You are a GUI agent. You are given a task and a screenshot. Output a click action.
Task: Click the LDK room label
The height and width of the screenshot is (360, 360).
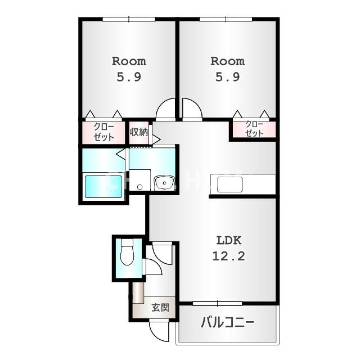pyautogui.click(x=229, y=240)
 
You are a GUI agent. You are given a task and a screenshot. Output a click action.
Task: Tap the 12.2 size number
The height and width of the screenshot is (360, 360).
pyautogui.click(x=229, y=256)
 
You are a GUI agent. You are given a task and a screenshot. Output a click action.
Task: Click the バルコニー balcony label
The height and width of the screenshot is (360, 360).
pyautogui.click(x=227, y=322)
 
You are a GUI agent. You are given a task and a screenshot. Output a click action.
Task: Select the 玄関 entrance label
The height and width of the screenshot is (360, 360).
pyautogui.click(x=161, y=308)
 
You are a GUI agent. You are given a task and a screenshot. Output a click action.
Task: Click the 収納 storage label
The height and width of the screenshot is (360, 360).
pyautogui.click(x=139, y=132)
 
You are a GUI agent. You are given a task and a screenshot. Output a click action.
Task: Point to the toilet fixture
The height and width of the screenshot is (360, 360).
pyautogui.click(x=127, y=251)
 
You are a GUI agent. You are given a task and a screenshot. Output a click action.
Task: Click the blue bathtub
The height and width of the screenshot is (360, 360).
pyautogui.click(x=103, y=186)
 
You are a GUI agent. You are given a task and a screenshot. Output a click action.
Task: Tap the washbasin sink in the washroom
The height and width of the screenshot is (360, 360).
pyautogui.click(x=164, y=182)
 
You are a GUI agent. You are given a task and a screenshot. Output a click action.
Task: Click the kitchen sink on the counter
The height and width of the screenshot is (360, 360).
pyautogui.click(x=230, y=184)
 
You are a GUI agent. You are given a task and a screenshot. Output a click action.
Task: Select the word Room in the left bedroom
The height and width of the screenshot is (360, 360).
pyautogui.click(x=129, y=61)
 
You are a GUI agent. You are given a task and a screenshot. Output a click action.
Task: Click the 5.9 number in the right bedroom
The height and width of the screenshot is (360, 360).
pyautogui.click(x=227, y=77)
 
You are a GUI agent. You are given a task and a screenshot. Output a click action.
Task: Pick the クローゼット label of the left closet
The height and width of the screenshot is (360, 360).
pyautogui.click(x=103, y=132)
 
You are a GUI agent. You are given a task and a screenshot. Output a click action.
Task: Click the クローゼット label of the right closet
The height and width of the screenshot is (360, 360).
pyautogui.click(x=254, y=129)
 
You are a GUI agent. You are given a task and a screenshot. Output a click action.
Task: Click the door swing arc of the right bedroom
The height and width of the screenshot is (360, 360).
pyautogui.click(x=196, y=105)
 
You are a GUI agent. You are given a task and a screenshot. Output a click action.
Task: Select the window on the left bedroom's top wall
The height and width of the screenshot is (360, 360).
pyautogui.click(x=129, y=19)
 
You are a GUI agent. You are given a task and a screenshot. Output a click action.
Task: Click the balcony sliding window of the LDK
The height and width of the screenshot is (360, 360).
pyautogui.click(x=217, y=304)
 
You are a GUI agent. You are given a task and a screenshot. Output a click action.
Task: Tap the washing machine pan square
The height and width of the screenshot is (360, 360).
pyautogui.click(x=140, y=180)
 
